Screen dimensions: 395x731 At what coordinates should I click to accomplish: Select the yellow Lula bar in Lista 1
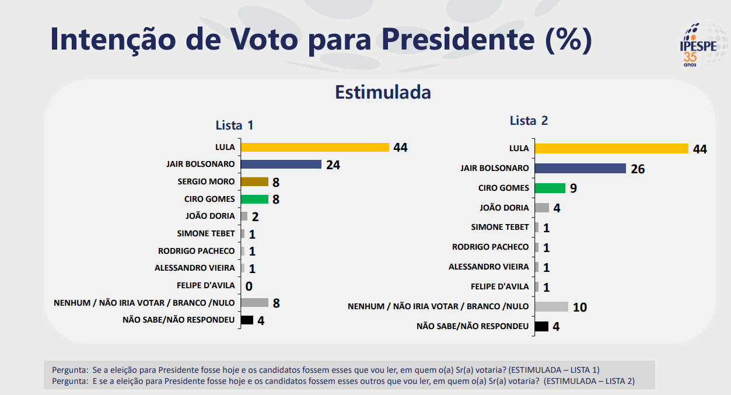click(314, 147)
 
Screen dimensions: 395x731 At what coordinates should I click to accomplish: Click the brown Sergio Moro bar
click(254, 181)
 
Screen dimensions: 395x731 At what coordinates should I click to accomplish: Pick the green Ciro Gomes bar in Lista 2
click(550, 188)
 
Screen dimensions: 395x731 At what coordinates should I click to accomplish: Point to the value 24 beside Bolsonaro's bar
click(333, 165)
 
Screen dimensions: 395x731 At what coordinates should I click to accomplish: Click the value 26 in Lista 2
click(638, 169)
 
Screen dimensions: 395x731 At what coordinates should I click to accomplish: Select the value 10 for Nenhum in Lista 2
click(580, 307)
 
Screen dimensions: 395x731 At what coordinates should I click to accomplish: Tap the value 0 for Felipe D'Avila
click(249, 286)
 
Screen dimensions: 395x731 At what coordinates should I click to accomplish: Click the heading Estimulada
click(383, 92)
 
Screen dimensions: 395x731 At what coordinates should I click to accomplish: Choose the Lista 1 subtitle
click(235, 125)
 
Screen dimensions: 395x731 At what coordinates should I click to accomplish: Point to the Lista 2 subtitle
click(529, 121)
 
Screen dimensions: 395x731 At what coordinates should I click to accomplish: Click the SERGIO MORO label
click(206, 181)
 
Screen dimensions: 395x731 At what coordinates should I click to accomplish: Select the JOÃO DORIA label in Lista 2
click(504, 208)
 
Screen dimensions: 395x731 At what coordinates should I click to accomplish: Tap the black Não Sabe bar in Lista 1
click(247, 320)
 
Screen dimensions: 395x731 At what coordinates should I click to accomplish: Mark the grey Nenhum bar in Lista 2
click(551, 306)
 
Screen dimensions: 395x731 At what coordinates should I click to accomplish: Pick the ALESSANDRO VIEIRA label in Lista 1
click(194, 268)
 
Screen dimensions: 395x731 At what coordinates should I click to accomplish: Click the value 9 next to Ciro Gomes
click(573, 189)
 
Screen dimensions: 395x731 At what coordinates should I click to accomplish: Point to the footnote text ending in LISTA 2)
click(343, 381)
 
